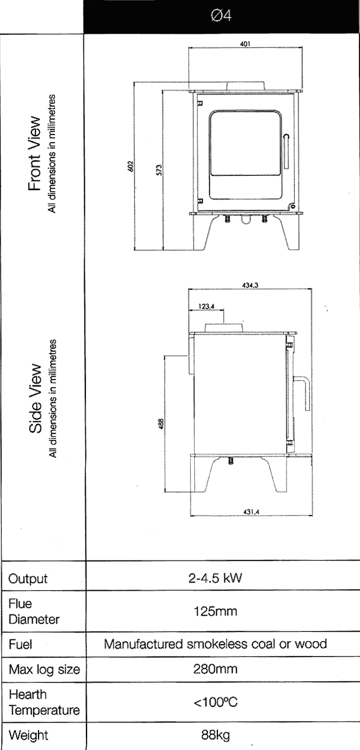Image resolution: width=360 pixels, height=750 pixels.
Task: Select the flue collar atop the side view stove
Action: [224, 327]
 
